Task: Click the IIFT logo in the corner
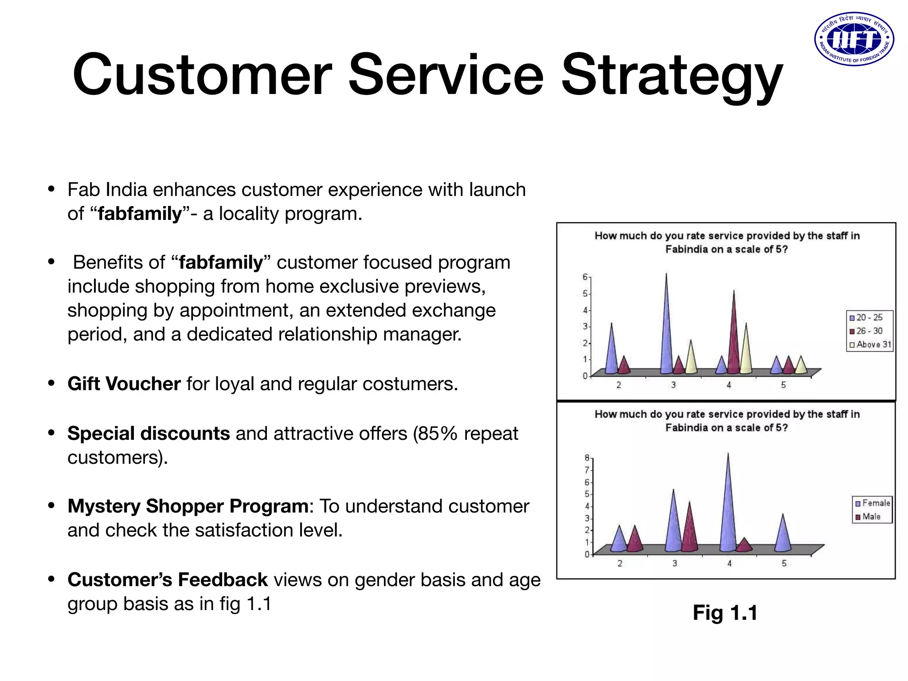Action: click(x=854, y=39)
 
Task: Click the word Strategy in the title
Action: click(x=671, y=75)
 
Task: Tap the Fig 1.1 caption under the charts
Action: click(x=725, y=613)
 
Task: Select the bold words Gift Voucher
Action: click(x=124, y=384)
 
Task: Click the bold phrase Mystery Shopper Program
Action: click(x=188, y=506)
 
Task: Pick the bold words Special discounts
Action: click(x=149, y=434)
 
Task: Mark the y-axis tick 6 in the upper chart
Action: click(x=585, y=277)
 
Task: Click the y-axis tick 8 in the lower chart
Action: click(x=587, y=458)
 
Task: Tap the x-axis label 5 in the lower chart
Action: click(x=784, y=564)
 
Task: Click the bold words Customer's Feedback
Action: click(x=168, y=580)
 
